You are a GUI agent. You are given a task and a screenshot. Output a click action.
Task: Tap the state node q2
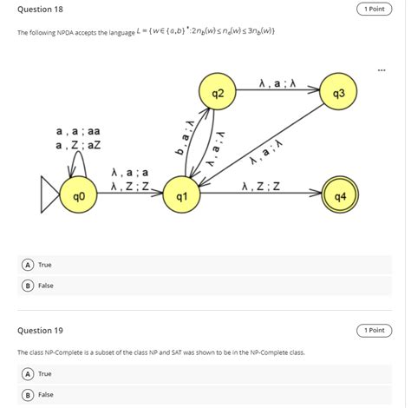[218, 92]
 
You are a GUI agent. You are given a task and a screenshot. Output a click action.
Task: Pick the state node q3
[338, 92]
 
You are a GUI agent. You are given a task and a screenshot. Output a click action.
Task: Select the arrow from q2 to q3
[277, 92]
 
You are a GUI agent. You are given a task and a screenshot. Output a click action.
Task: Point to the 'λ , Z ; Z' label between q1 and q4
[261, 186]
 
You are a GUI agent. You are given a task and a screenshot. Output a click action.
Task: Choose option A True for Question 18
[29, 264]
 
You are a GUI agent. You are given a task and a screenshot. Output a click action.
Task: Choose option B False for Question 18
[29, 285]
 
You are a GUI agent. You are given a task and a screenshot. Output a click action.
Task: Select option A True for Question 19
[29, 373]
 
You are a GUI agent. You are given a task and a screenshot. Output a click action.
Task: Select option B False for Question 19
[29, 394]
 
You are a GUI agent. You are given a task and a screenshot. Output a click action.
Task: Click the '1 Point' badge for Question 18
[375, 9]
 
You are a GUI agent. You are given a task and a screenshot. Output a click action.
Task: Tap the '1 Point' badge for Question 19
[375, 331]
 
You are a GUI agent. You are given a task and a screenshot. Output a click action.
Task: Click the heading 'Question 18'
[41, 9]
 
